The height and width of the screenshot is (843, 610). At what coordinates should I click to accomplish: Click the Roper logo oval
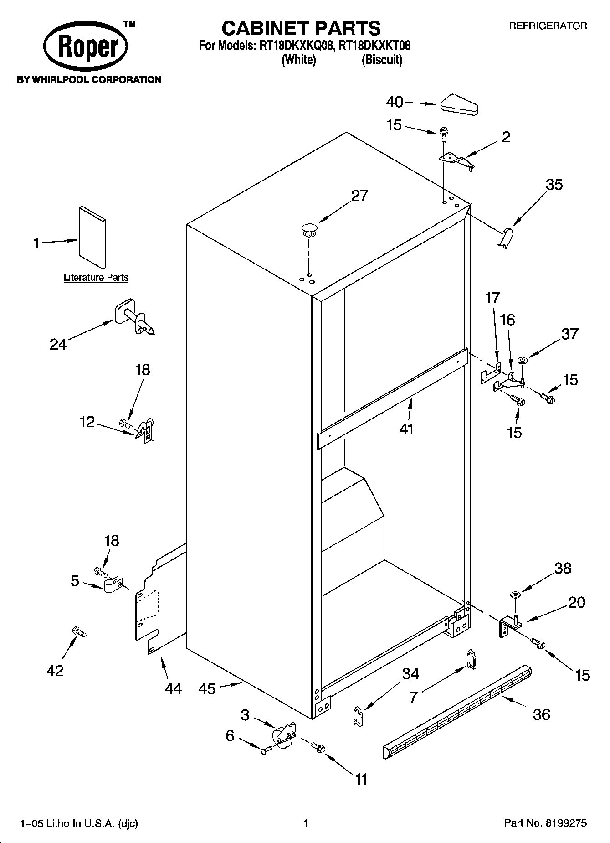pos(85,47)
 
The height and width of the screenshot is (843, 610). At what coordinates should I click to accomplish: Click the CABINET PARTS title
pos(301,28)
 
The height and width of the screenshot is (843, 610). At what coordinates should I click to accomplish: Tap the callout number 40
pos(395,102)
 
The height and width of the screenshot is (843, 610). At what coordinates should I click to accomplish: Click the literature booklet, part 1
pos(93,237)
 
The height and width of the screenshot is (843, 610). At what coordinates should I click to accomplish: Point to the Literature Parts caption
pos(96,277)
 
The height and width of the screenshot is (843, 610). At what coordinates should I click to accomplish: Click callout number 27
pos(359,196)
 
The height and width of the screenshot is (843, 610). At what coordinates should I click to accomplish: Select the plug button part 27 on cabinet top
pos(309,229)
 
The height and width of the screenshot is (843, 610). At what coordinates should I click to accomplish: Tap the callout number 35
pos(554,185)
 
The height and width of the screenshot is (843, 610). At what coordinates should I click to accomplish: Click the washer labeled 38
pos(516,595)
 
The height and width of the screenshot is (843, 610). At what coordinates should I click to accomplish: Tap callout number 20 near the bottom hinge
pos(576,602)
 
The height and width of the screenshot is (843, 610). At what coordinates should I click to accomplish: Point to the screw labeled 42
pos(79,632)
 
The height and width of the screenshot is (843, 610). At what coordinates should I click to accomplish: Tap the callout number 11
pos(361,779)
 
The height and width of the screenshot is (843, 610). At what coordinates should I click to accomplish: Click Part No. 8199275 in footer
pos(545,823)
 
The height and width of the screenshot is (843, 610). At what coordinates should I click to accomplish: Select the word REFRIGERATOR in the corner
pos(548,26)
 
